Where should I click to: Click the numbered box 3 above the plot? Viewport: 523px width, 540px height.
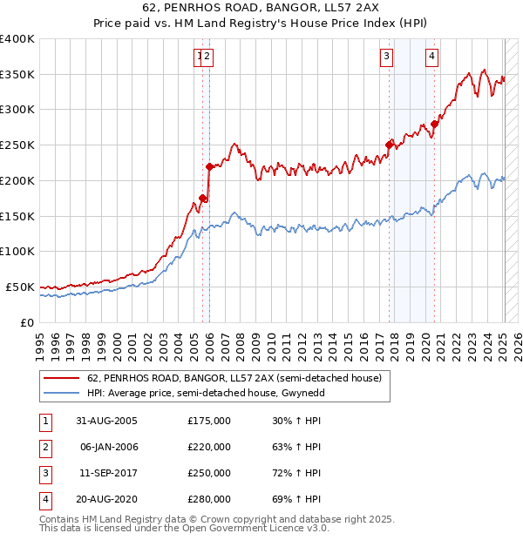[385, 57]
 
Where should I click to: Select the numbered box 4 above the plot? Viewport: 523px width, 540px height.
[432, 57]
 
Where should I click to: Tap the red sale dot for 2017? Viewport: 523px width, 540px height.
[390, 145]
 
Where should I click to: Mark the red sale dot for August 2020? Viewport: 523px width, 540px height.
[435, 124]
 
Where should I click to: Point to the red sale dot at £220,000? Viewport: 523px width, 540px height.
[209, 166]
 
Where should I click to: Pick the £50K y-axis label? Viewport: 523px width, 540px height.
[19, 287]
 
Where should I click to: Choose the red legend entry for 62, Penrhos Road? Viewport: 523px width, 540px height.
[234, 379]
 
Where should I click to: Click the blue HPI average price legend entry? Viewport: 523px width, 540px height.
[238, 394]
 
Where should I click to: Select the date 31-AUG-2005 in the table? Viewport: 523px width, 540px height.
[106, 421]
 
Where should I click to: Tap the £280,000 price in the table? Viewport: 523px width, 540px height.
[208, 499]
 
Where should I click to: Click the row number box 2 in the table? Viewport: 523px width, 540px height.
[44, 447]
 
